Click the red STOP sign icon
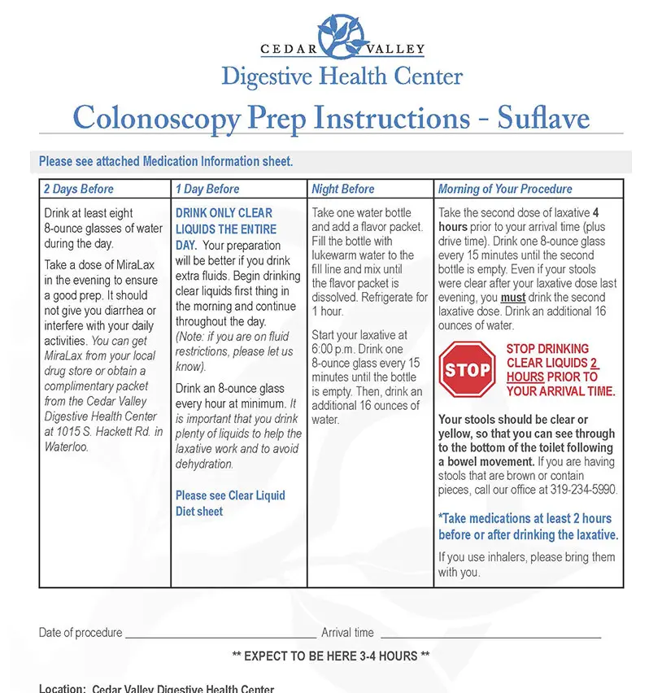467,370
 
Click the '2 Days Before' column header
79,189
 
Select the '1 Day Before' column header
207,189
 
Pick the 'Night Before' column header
343,189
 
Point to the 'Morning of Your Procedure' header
505,189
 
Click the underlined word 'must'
512,298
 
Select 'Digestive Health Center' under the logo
342,77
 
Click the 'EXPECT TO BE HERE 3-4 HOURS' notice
331,656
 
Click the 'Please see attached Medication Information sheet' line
166,162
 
